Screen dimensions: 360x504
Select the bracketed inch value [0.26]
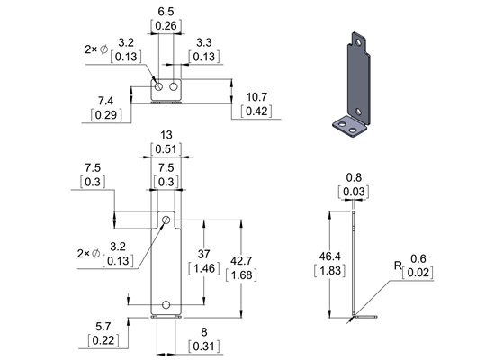click(x=166, y=27)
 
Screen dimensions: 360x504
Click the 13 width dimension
click(x=166, y=133)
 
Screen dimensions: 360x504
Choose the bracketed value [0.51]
click(x=166, y=148)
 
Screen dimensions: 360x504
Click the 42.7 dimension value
click(x=259, y=260)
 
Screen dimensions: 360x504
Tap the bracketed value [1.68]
click(x=259, y=274)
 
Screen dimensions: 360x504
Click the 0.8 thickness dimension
click(x=355, y=177)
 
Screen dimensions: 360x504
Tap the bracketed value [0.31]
click(x=204, y=346)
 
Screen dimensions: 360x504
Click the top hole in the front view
click(x=166, y=220)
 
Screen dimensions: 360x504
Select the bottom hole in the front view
click(x=166, y=304)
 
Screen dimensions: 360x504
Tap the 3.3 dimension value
click(x=203, y=41)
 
